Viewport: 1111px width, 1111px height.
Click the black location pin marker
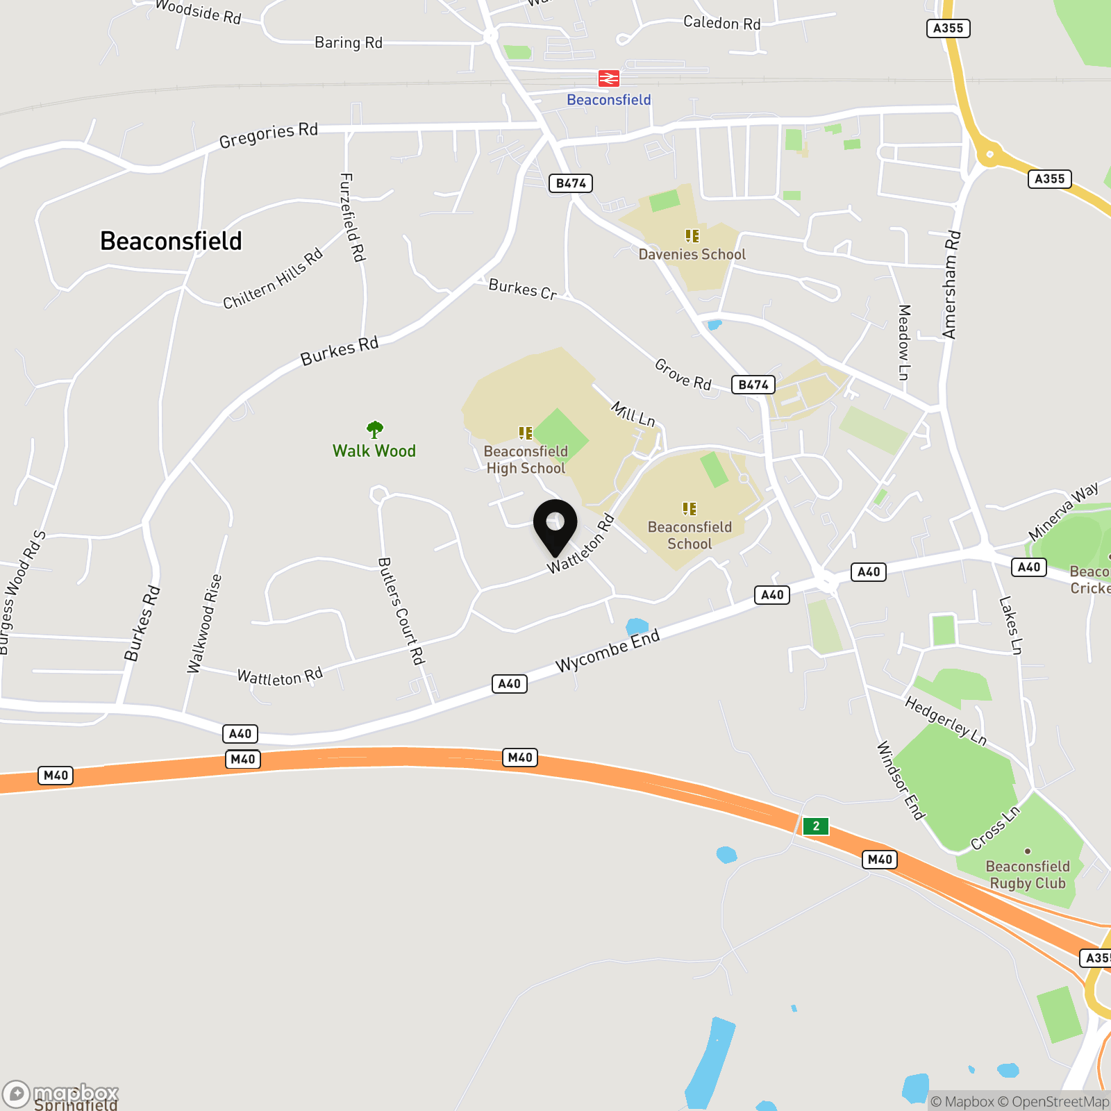click(555, 524)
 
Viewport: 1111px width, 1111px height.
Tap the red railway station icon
click(609, 78)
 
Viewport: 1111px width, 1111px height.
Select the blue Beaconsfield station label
click(609, 100)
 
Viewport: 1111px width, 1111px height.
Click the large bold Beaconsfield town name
click(171, 241)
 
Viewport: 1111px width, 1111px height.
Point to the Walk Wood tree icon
click(375, 429)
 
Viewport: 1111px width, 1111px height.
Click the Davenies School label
click(692, 254)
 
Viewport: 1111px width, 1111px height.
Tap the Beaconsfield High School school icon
click(526, 433)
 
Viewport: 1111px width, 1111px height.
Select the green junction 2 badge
click(816, 826)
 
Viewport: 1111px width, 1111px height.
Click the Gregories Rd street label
click(269, 135)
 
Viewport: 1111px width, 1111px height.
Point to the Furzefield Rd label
click(352, 217)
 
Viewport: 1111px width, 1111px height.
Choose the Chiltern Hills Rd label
click(273, 278)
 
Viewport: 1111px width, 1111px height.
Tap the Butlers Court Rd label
click(401, 611)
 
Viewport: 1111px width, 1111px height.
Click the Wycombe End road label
click(608, 651)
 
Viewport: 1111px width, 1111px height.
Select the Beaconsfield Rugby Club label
click(1028, 875)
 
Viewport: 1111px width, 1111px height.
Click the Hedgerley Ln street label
click(946, 721)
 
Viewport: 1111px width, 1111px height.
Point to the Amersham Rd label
click(951, 284)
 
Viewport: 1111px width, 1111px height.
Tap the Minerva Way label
click(1063, 511)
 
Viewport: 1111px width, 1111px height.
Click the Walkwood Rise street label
click(204, 624)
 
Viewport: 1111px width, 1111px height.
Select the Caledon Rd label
click(722, 23)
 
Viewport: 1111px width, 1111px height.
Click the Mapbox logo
click(61, 1094)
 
